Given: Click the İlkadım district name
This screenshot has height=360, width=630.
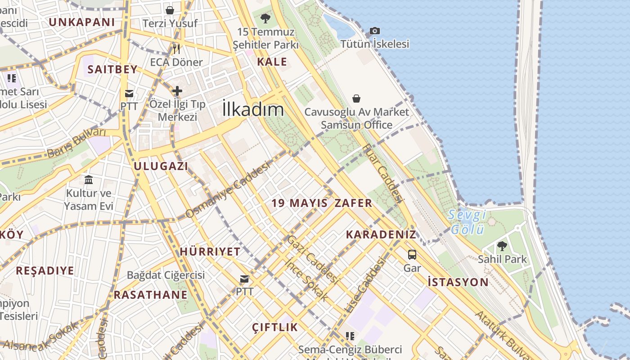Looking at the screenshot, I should click(x=253, y=109).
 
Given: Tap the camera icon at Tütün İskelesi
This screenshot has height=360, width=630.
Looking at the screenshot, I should click(x=374, y=31).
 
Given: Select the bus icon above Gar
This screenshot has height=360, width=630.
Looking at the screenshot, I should click(x=412, y=255).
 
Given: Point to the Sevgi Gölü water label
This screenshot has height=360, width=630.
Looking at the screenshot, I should click(x=468, y=222).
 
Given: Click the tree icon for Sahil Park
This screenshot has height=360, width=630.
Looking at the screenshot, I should click(x=502, y=246).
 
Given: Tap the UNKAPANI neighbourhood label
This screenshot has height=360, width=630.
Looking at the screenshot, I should click(x=82, y=22).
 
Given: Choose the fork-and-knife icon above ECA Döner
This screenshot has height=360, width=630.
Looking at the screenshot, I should click(x=176, y=49).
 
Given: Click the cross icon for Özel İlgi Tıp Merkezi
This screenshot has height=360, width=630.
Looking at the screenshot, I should click(x=177, y=91).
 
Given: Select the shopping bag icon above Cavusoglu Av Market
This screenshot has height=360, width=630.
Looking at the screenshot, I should click(x=356, y=98).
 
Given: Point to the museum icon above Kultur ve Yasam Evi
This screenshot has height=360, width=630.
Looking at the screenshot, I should click(x=89, y=180).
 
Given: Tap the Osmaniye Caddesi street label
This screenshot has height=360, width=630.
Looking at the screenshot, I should click(x=228, y=189).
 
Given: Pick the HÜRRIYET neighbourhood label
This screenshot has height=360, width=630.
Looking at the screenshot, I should click(x=210, y=252).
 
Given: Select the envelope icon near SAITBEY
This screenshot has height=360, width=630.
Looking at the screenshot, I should click(x=129, y=94).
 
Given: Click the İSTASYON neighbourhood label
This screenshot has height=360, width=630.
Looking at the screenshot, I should click(x=458, y=283).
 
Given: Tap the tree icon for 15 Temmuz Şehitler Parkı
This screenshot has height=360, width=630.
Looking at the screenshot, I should click(x=265, y=18).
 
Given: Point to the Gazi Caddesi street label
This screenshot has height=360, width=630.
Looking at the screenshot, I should click(x=313, y=260).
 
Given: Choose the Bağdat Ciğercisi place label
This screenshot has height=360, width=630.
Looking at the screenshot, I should click(x=166, y=275).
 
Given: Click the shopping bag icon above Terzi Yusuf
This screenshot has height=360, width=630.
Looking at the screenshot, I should click(x=170, y=10).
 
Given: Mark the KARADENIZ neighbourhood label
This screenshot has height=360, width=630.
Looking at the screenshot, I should click(x=381, y=234).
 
